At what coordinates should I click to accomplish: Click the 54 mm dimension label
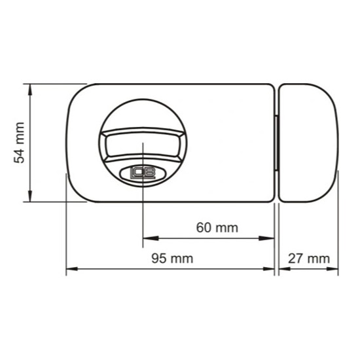[x=19, y=143]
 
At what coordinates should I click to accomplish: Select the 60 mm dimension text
[x=217, y=228]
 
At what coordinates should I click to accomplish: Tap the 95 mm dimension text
[x=172, y=259]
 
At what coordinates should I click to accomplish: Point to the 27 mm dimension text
[x=309, y=259]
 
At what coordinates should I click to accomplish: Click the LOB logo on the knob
[x=143, y=173]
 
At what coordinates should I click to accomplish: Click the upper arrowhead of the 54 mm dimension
[x=30, y=90]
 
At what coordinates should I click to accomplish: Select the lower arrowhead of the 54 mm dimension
[x=30, y=196]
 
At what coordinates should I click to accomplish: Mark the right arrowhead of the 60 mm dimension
[x=266, y=238]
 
